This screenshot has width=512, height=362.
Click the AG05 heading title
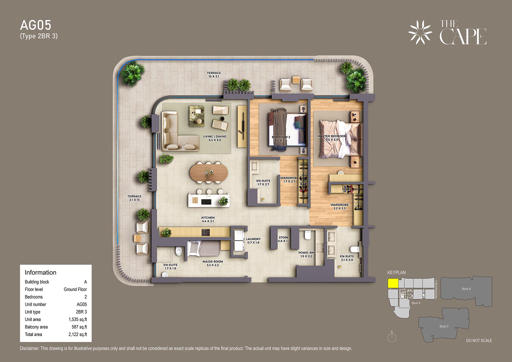pyautogui.click(x=36, y=25)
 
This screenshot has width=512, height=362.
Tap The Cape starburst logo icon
pyautogui.click(x=420, y=32)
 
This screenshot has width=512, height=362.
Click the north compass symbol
pyautogui.click(x=392, y=337)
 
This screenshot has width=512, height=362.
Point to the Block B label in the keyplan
pyautogui.click(x=466, y=289)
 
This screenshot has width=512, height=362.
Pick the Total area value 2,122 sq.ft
pyautogui.click(x=78, y=334)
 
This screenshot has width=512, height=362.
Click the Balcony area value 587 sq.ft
pyautogui.click(x=79, y=327)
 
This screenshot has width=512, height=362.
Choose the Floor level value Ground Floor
pyautogui.click(x=75, y=289)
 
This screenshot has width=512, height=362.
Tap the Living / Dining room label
pyautogui.click(x=215, y=136)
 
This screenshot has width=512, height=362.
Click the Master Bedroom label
pyautogui.click(x=332, y=136)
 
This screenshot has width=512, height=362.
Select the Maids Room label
pyautogui.click(x=213, y=262)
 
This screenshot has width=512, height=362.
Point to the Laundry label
pyautogui.click(x=253, y=239)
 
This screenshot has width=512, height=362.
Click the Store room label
pyautogui.click(x=284, y=237)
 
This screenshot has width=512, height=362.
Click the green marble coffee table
pyautogui.click(x=197, y=116)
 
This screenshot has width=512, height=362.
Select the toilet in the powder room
pyautogui.click(x=307, y=235)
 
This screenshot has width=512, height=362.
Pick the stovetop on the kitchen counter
pyautogui.click(x=206, y=233)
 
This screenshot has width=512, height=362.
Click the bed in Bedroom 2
pyautogui.click(x=287, y=130)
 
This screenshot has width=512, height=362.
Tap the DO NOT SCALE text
pyautogui.click(x=479, y=340)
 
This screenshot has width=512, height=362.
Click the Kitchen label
pyautogui.click(x=208, y=218)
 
